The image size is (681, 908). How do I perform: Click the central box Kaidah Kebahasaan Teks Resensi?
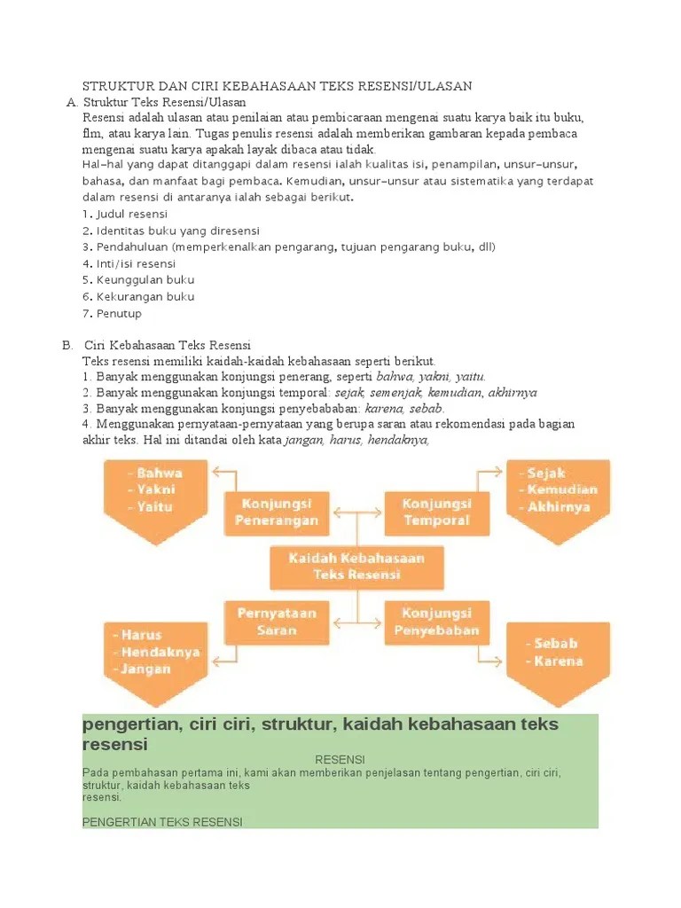[x=356, y=566]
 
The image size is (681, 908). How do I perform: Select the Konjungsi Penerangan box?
[x=276, y=513]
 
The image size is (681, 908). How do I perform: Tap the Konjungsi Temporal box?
[x=436, y=513]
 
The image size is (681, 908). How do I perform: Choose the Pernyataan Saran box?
[x=276, y=622]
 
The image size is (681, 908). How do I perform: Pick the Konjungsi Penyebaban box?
[x=436, y=622]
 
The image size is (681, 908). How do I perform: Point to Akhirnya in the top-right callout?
[x=558, y=507]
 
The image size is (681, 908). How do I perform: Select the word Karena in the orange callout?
[x=558, y=661]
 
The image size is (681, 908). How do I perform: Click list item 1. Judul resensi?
[x=124, y=215]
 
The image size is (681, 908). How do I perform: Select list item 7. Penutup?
[x=112, y=314]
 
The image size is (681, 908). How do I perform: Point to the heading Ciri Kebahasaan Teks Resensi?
[x=168, y=345]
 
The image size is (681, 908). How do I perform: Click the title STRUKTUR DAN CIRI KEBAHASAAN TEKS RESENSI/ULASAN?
[x=277, y=86]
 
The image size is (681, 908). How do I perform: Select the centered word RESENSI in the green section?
[x=340, y=760]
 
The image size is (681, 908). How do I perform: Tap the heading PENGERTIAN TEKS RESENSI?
[x=161, y=822]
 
